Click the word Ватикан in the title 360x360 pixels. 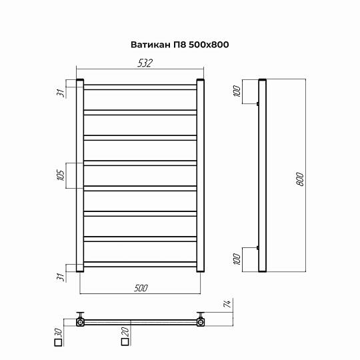pos(151,45)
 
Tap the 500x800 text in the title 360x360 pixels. pos(209,45)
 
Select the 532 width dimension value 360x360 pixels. pos(145,63)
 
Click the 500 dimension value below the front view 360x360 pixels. pos(141,288)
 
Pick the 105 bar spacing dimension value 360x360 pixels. pos(61,175)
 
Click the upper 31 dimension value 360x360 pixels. pos(61,93)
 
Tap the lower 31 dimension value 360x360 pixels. pos(60,277)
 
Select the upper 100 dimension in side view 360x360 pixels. pos(237,91)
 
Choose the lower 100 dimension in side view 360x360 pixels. pos(237,259)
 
